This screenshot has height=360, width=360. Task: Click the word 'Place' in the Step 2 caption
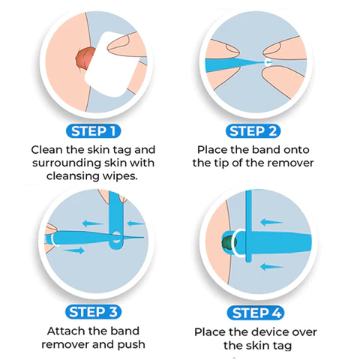pos(214,149)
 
